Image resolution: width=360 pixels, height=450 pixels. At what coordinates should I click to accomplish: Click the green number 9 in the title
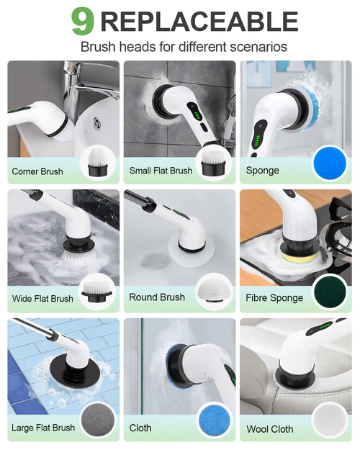coord(84,21)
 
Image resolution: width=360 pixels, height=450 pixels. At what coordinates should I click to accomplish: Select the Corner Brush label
coord(37,172)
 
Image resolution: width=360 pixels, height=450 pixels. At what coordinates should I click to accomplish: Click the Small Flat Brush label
coord(161,171)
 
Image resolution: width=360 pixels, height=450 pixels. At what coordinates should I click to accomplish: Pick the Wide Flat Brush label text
coord(42,299)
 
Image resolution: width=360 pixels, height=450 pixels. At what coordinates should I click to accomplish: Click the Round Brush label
coord(157,297)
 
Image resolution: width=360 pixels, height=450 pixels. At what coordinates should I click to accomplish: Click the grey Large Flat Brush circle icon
coord(99,420)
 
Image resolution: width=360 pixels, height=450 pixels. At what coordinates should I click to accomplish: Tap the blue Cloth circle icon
coord(214,420)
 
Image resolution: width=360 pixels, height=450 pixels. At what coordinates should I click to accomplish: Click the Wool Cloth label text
coord(270,429)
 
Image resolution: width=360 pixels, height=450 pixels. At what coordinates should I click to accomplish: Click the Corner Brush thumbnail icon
coord(99,162)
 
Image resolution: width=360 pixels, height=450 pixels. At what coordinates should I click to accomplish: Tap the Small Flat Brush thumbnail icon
coord(214,162)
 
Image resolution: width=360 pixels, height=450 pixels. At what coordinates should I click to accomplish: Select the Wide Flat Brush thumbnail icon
coord(99,289)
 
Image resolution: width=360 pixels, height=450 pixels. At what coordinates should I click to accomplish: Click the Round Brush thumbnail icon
coord(214,289)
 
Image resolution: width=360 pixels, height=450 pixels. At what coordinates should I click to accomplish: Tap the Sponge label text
coord(263,171)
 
